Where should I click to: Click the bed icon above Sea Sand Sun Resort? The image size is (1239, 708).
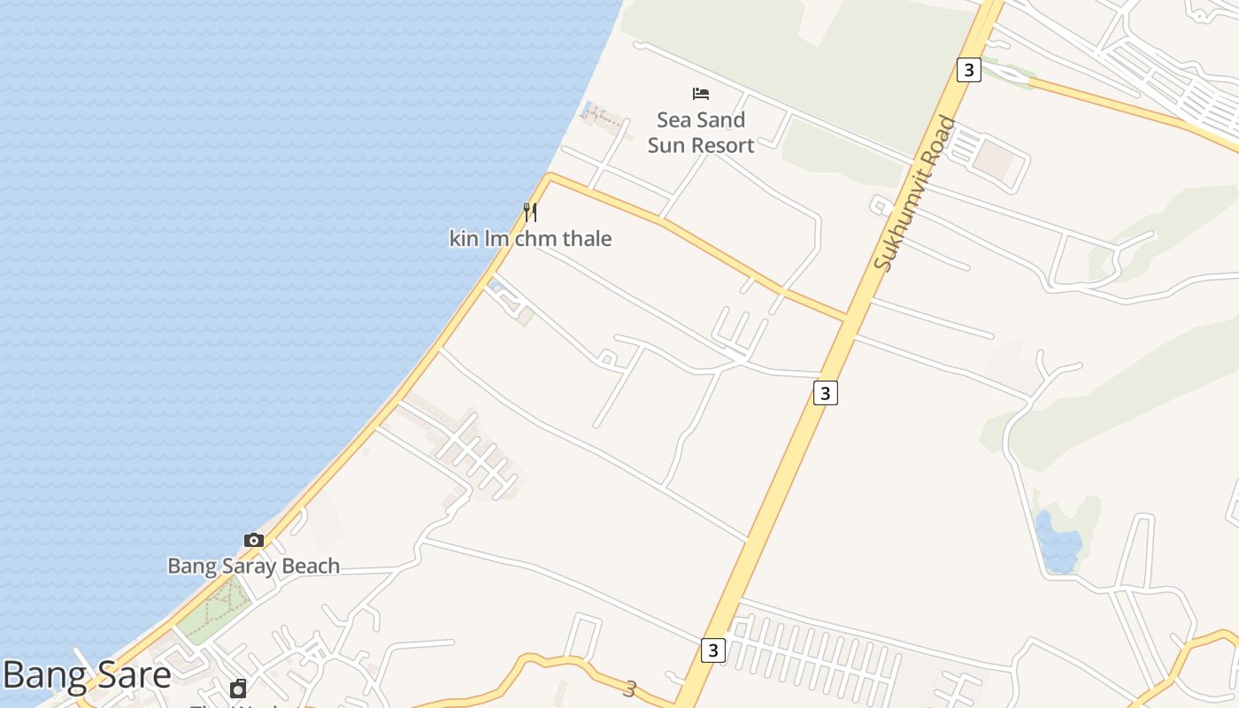701,93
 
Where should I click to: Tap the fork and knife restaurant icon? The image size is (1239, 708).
530,212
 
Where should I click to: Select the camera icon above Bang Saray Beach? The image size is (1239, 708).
254,540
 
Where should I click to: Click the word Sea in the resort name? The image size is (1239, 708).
673,119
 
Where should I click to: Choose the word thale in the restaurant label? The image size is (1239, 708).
587,239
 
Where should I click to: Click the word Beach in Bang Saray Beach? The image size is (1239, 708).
310,566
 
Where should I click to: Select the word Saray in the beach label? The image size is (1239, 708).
245,566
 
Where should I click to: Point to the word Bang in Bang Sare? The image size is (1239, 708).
42,676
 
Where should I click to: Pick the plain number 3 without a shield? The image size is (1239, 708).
630,689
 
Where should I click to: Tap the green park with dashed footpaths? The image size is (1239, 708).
214,610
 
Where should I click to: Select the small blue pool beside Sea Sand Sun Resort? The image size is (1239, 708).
588,111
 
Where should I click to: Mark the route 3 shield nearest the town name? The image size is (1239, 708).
713,650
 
